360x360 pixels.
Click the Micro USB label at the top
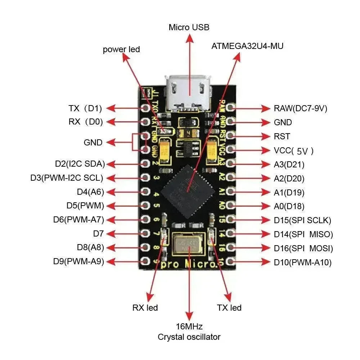click(189, 27)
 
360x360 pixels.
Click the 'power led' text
click(121, 49)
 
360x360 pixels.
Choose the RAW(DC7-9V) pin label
click(300, 108)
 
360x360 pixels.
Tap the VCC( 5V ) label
click(293, 150)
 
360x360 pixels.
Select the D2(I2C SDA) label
click(80, 164)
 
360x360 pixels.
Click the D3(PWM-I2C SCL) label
click(67, 178)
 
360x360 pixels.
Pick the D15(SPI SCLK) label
click(302, 220)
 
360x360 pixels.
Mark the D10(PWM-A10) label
click(302, 262)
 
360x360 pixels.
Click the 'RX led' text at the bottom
click(145, 307)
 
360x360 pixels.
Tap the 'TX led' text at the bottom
click(229, 307)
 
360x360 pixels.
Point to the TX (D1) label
click(85, 108)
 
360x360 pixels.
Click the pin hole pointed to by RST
click(231, 136)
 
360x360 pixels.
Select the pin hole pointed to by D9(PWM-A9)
click(146, 261)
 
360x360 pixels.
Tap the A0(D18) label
click(289, 206)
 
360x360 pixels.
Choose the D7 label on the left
click(98, 234)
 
